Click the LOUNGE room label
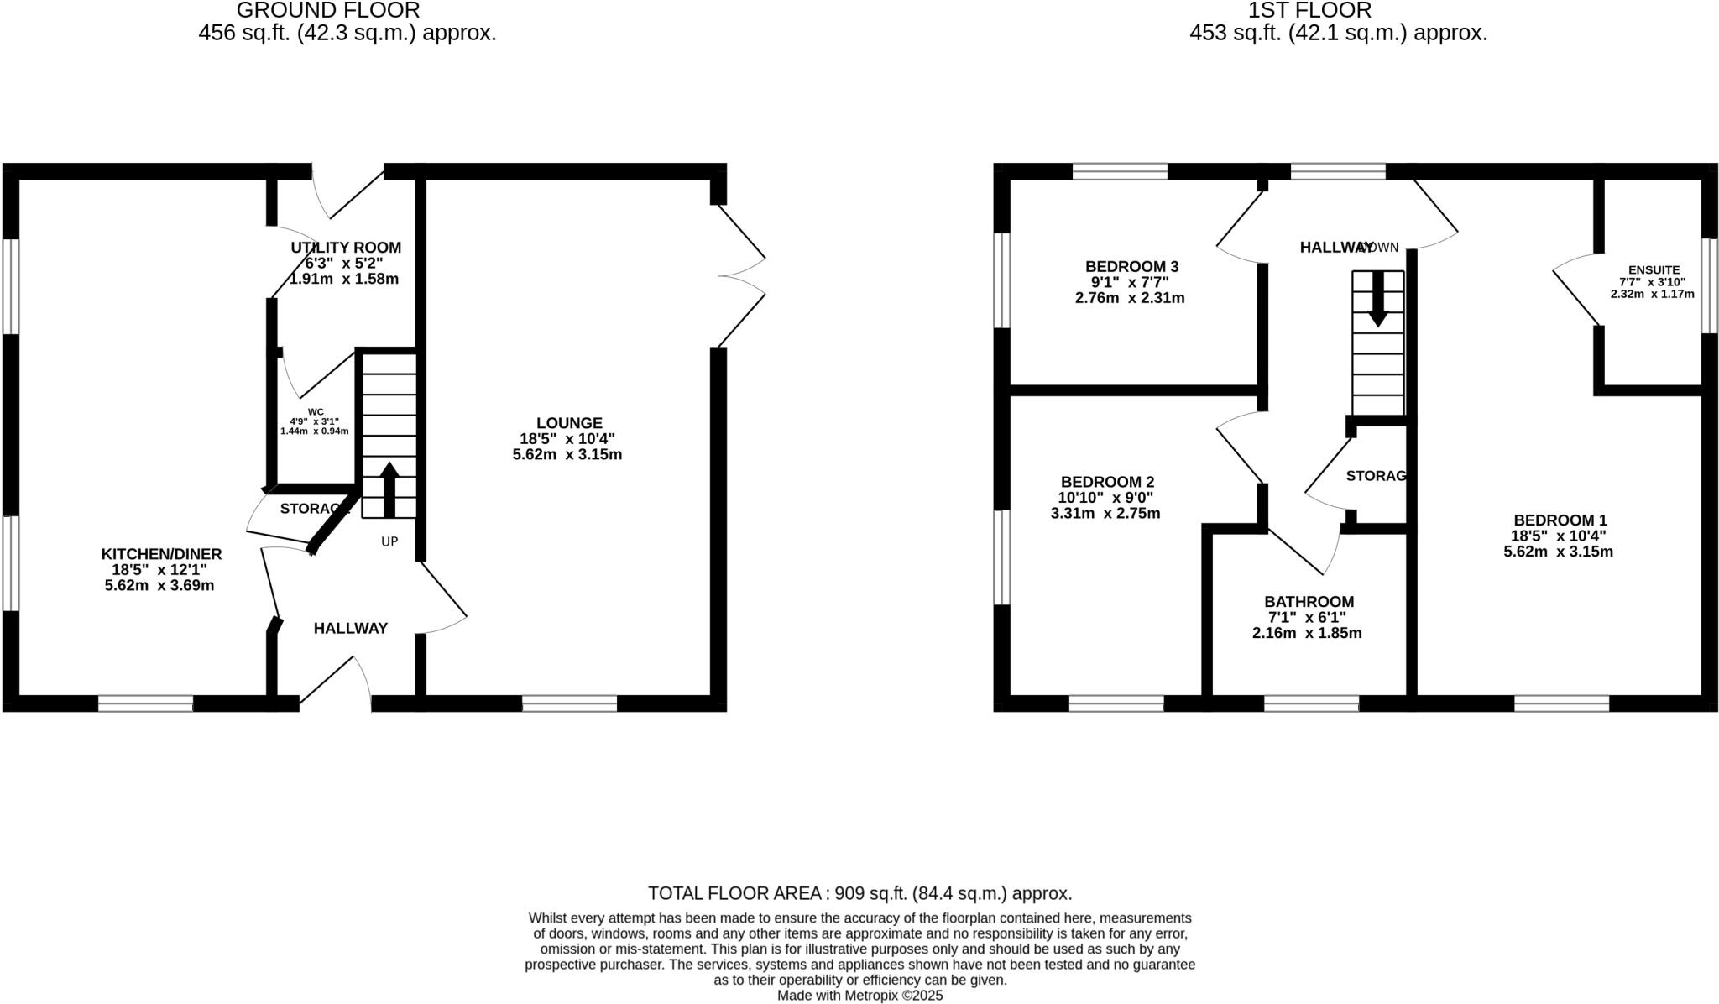569,423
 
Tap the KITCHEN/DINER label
161,554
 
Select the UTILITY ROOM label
346,248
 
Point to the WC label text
316,411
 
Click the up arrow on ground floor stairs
389,489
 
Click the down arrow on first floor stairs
1377,299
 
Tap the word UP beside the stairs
389,541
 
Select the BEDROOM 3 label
1131,267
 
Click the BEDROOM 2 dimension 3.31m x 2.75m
1105,514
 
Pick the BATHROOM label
1309,602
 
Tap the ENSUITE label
1654,270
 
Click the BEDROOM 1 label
1560,520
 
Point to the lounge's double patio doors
742,275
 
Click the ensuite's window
1710,285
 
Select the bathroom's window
1311,703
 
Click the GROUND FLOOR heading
328,11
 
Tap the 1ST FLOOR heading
1338,11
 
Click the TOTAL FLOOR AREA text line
859,893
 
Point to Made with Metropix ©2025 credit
859,996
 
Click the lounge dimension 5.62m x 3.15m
567,455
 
